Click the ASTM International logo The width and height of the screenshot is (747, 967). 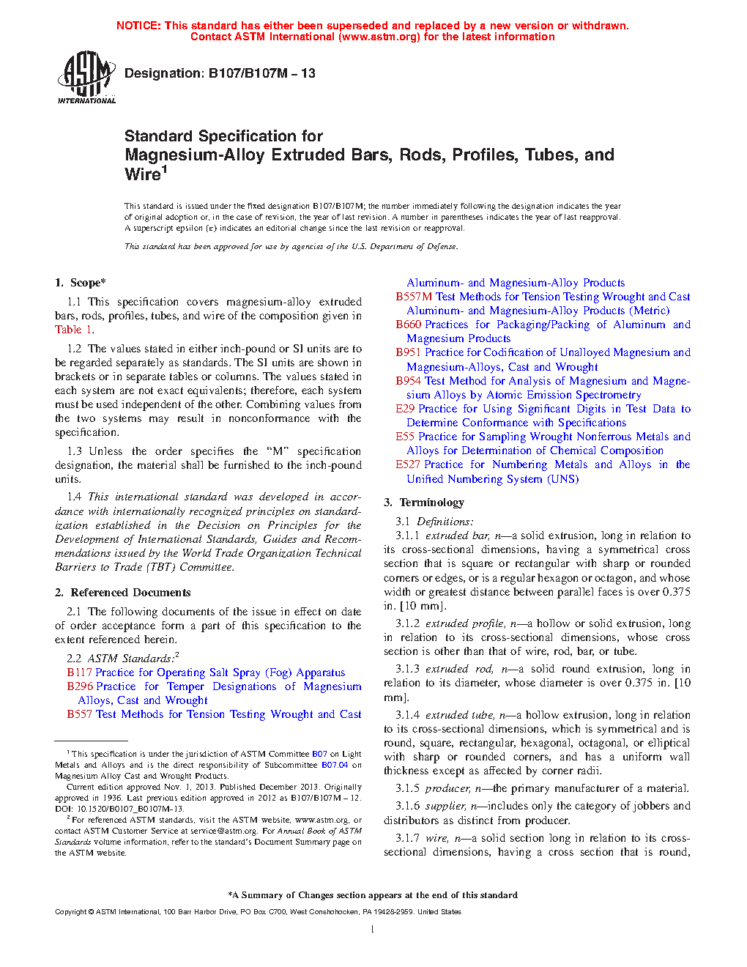86,77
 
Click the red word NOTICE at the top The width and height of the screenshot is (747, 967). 138,26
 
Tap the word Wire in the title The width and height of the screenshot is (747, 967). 143,174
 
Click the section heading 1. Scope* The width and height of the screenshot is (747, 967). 81,283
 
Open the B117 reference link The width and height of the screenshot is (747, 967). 79,673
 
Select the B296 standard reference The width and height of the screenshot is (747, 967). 79,686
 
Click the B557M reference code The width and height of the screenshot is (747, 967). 414,297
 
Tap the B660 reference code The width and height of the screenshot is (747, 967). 409,325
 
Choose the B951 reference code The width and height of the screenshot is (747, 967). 409,352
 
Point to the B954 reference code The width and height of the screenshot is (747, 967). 409,381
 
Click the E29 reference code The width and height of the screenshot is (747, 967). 405,409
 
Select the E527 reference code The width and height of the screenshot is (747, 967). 408,464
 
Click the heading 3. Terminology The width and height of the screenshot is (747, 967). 424,503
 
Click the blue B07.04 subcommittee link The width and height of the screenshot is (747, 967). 335,765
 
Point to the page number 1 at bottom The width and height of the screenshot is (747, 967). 373,930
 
